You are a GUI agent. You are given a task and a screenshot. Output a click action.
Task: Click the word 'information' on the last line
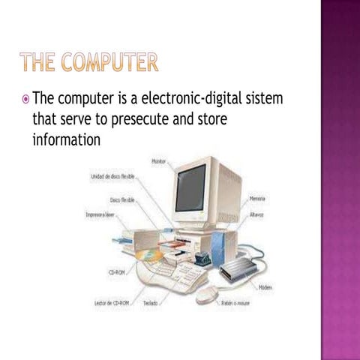click(66, 140)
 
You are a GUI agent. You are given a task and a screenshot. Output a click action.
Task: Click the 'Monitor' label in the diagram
click(159, 161)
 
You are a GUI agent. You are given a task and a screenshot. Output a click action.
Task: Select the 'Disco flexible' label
click(122, 201)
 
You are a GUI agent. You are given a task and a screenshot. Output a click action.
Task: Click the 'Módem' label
click(265, 286)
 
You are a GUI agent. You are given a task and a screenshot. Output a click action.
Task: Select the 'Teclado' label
click(151, 303)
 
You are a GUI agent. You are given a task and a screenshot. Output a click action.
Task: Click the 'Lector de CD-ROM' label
click(114, 303)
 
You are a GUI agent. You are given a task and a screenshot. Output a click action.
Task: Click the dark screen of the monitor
click(190, 187)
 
